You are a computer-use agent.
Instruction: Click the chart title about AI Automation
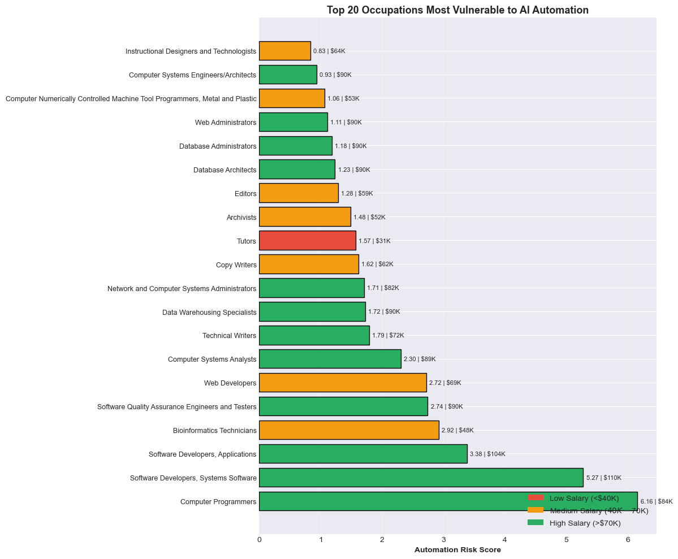click(x=457, y=10)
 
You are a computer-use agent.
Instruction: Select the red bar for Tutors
click(x=307, y=240)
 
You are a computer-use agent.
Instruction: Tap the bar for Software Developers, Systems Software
click(x=421, y=478)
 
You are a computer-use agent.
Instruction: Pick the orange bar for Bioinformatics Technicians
click(x=349, y=430)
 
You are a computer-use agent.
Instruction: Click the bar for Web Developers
click(x=343, y=383)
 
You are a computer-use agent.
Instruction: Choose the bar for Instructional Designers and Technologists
click(x=285, y=51)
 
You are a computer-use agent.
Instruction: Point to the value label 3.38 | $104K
click(x=487, y=454)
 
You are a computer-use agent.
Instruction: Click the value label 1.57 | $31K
click(x=374, y=241)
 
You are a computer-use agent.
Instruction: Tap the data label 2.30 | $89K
click(x=420, y=359)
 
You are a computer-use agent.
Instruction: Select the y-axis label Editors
click(x=245, y=193)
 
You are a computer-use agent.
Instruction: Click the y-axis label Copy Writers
click(x=236, y=265)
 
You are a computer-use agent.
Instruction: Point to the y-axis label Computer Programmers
click(x=218, y=501)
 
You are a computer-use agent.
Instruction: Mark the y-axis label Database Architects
click(x=224, y=170)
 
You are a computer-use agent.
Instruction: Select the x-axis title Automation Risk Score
click(x=457, y=550)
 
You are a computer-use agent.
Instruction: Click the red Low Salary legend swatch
click(x=535, y=498)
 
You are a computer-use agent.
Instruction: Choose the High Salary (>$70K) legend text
click(x=585, y=523)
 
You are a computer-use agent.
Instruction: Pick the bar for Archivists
click(x=305, y=216)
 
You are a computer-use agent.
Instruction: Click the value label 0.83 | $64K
click(x=329, y=51)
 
